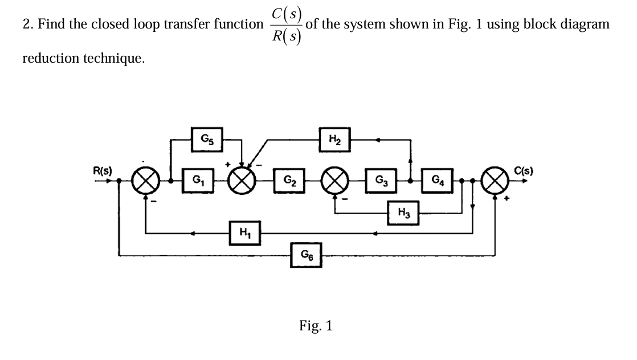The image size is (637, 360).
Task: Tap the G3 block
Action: pyautogui.click(x=378, y=183)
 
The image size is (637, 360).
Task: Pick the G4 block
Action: pyautogui.click(x=438, y=183)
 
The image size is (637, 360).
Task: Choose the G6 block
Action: pyautogui.click(x=307, y=253)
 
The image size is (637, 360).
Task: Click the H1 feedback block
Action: pyautogui.click(x=245, y=233)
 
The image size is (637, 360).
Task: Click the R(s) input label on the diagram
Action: pyautogui.click(x=103, y=170)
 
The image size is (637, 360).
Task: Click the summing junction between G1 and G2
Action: pyautogui.click(x=243, y=183)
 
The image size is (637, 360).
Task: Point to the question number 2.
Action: pyautogui.click(x=26, y=24)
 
